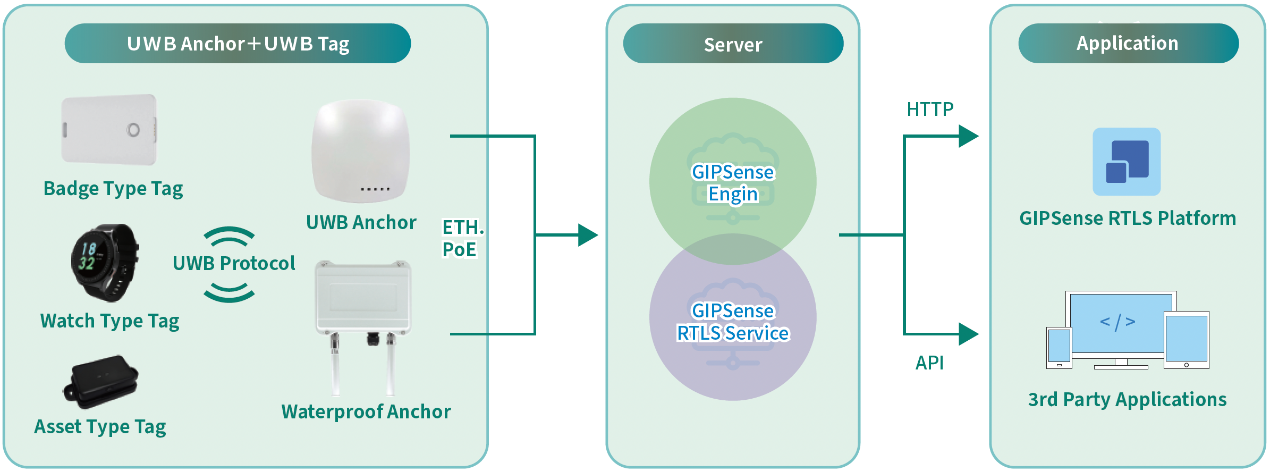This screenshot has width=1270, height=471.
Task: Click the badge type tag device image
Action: pos(109,130)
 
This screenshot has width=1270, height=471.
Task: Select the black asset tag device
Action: pos(101,382)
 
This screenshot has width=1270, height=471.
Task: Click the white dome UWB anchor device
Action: pos(361,151)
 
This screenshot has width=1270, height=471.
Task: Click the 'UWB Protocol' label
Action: pos(234,263)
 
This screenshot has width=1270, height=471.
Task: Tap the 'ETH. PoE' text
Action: pos(462,238)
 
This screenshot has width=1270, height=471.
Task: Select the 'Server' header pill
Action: pos(733,44)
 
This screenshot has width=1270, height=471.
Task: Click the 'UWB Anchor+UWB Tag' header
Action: pos(238,44)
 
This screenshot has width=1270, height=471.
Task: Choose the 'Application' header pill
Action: pos(1128,44)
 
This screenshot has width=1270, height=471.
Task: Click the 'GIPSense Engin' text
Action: pos(733,183)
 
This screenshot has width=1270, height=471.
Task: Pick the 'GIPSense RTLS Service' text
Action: pos(733,322)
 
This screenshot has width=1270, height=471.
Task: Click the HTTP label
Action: pos(930,110)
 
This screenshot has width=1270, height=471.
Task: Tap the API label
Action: pos(929,363)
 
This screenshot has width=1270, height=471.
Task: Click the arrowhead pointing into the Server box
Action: pos(588,235)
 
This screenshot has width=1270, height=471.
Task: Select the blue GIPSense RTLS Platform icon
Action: pos(1127,162)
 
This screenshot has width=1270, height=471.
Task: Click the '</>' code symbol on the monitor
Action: pos(1117,322)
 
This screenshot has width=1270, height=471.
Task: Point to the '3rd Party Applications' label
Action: pos(1127,399)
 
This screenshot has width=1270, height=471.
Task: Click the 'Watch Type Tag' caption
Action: pos(110,321)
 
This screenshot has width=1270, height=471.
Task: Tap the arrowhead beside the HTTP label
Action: pos(968,136)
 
